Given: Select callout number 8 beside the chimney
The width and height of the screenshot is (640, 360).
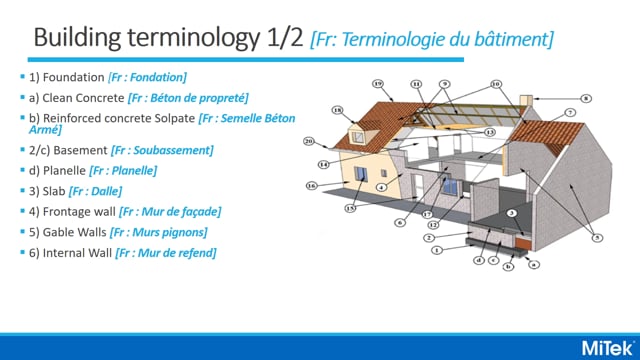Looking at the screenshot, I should click(x=587, y=98).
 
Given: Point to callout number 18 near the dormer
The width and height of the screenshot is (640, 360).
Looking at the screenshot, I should click(x=337, y=112).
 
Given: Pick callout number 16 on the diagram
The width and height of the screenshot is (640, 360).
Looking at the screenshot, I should click(x=311, y=186).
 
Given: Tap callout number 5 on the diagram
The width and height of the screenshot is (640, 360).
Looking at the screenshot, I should click(x=597, y=237).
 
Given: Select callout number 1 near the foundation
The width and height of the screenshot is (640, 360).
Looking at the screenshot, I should click(x=436, y=250).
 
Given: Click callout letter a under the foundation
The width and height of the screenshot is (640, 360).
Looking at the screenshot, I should click(x=533, y=264).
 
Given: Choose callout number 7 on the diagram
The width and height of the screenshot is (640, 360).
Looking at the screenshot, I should click(x=570, y=114).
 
